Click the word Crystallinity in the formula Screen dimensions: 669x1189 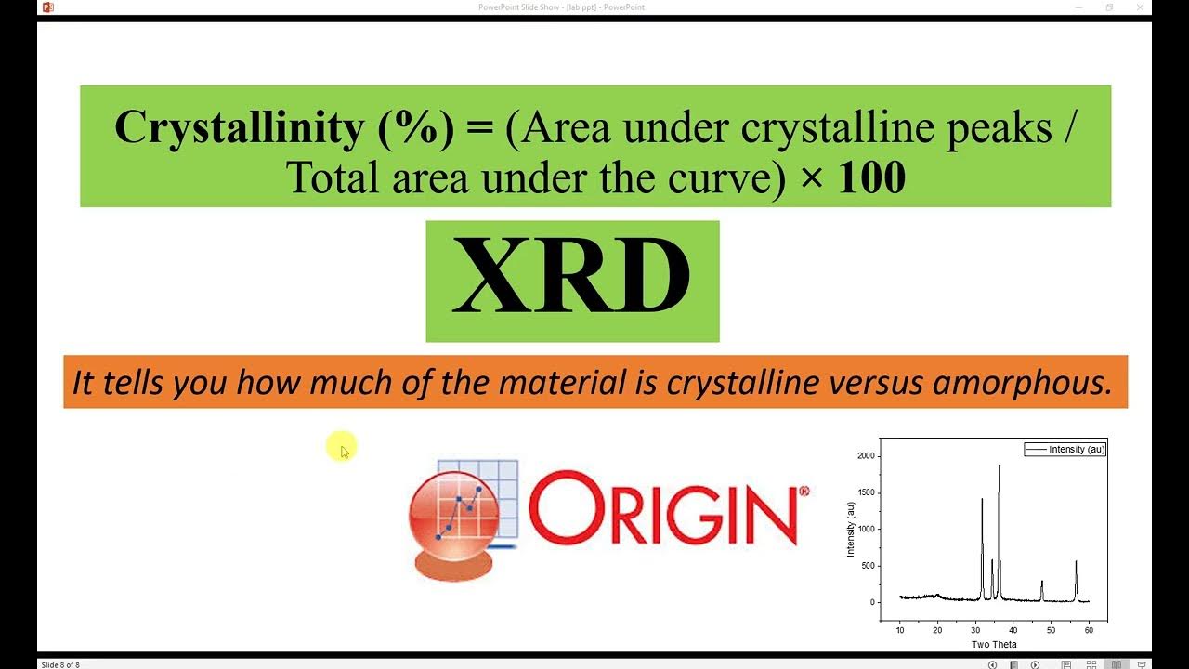[x=238, y=128]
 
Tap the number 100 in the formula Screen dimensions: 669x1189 [x=870, y=177]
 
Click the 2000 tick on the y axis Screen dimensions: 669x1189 [x=865, y=456]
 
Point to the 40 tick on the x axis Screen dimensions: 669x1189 [x=1013, y=630]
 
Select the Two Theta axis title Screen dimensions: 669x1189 [x=993, y=644]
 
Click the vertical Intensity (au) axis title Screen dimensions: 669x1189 [x=851, y=529]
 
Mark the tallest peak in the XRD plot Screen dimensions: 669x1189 [x=1000, y=466]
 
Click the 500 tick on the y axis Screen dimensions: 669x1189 [x=868, y=566]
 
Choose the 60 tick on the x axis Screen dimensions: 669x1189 [x=1089, y=630]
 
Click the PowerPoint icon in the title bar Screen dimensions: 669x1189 [x=48, y=7]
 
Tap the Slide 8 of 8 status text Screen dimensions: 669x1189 [x=60, y=664]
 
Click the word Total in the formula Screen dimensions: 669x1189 [x=333, y=177]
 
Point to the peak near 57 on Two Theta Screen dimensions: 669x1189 [x=1076, y=563]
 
